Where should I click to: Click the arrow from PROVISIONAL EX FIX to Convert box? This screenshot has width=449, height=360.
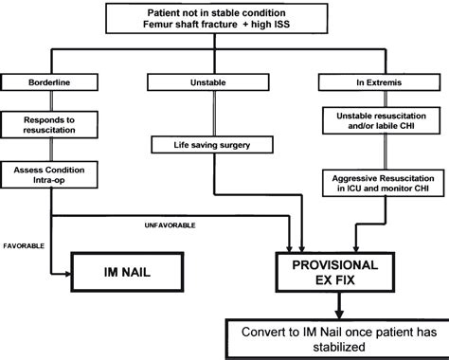coord(340,306)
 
